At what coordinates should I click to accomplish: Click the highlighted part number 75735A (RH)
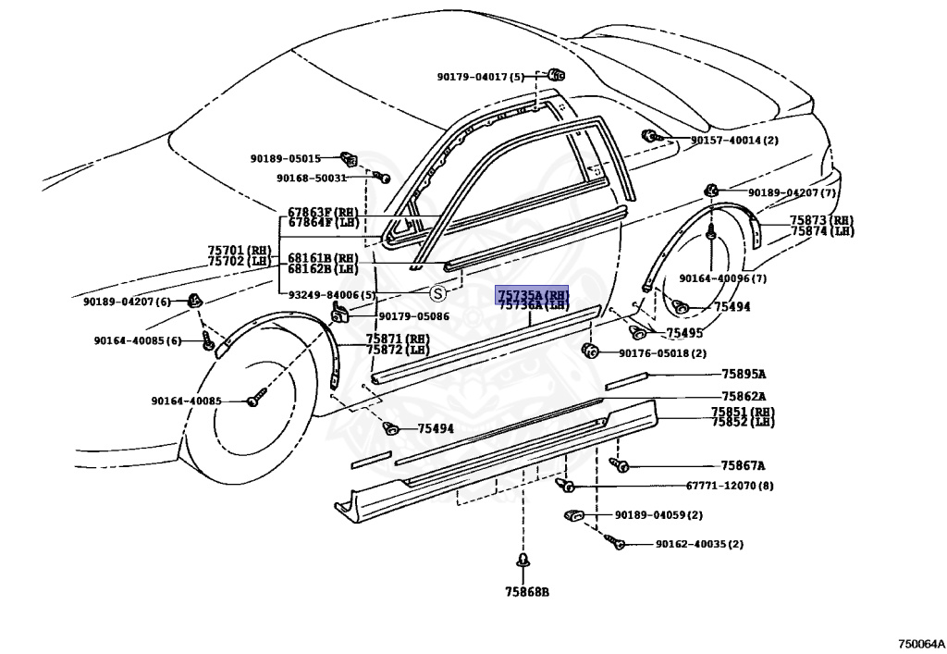pos(533,294)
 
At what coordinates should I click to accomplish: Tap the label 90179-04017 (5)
pos(481,77)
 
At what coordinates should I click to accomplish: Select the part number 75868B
pos(526,592)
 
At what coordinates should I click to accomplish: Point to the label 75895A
pos(744,375)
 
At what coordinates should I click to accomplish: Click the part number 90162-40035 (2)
pos(699,544)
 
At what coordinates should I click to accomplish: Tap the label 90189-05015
pos(285,158)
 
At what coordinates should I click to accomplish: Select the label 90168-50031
pos(312,178)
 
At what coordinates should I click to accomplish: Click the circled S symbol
pos(438,292)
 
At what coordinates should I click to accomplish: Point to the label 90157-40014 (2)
pos(734,141)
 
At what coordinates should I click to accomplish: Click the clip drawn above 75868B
pos(524,563)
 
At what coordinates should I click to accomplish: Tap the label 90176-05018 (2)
pos(662,352)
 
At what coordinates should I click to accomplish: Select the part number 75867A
pos(744,466)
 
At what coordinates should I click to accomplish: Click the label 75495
pos(685,332)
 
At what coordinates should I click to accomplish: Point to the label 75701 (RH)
pos(240,250)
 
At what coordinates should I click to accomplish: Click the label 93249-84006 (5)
pos(332,295)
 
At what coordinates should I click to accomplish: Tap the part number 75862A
pos(744,396)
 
